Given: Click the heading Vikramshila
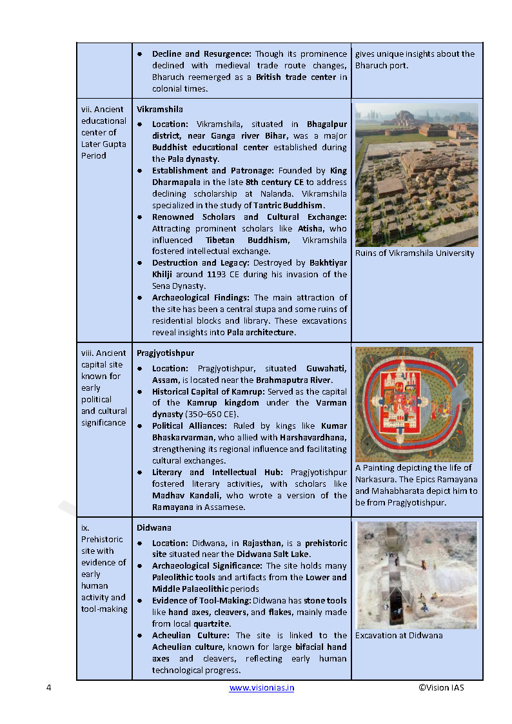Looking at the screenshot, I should (159, 110).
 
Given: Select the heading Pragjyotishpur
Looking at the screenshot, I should (165, 353).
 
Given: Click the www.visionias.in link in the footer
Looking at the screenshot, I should (262, 688).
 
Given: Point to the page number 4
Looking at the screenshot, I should (49, 688).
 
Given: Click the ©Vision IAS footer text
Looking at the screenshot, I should (441, 687).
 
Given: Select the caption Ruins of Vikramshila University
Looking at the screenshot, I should (415, 253).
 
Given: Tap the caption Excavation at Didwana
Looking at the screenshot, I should (399, 636).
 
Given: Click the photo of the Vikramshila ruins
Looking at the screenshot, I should (417, 175).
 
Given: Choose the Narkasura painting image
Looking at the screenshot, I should (414, 404).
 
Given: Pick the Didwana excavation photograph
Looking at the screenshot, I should (417, 575).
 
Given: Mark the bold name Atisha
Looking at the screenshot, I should (313, 228).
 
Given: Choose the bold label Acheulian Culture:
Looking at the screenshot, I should (191, 636).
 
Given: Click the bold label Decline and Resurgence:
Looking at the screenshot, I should (202, 54).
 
